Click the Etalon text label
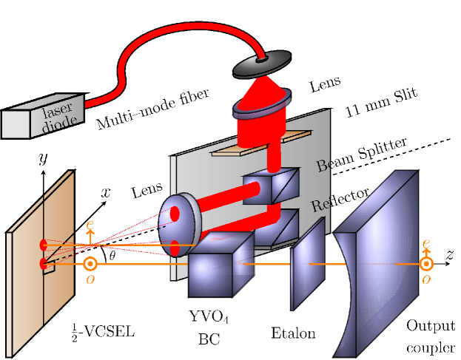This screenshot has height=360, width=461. click(x=294, y=333)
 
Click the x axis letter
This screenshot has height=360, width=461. click(x=106, y=192)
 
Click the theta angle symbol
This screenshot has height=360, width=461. click(x=112, y=256)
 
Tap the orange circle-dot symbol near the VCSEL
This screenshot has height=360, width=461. click(x=90, y=264)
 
